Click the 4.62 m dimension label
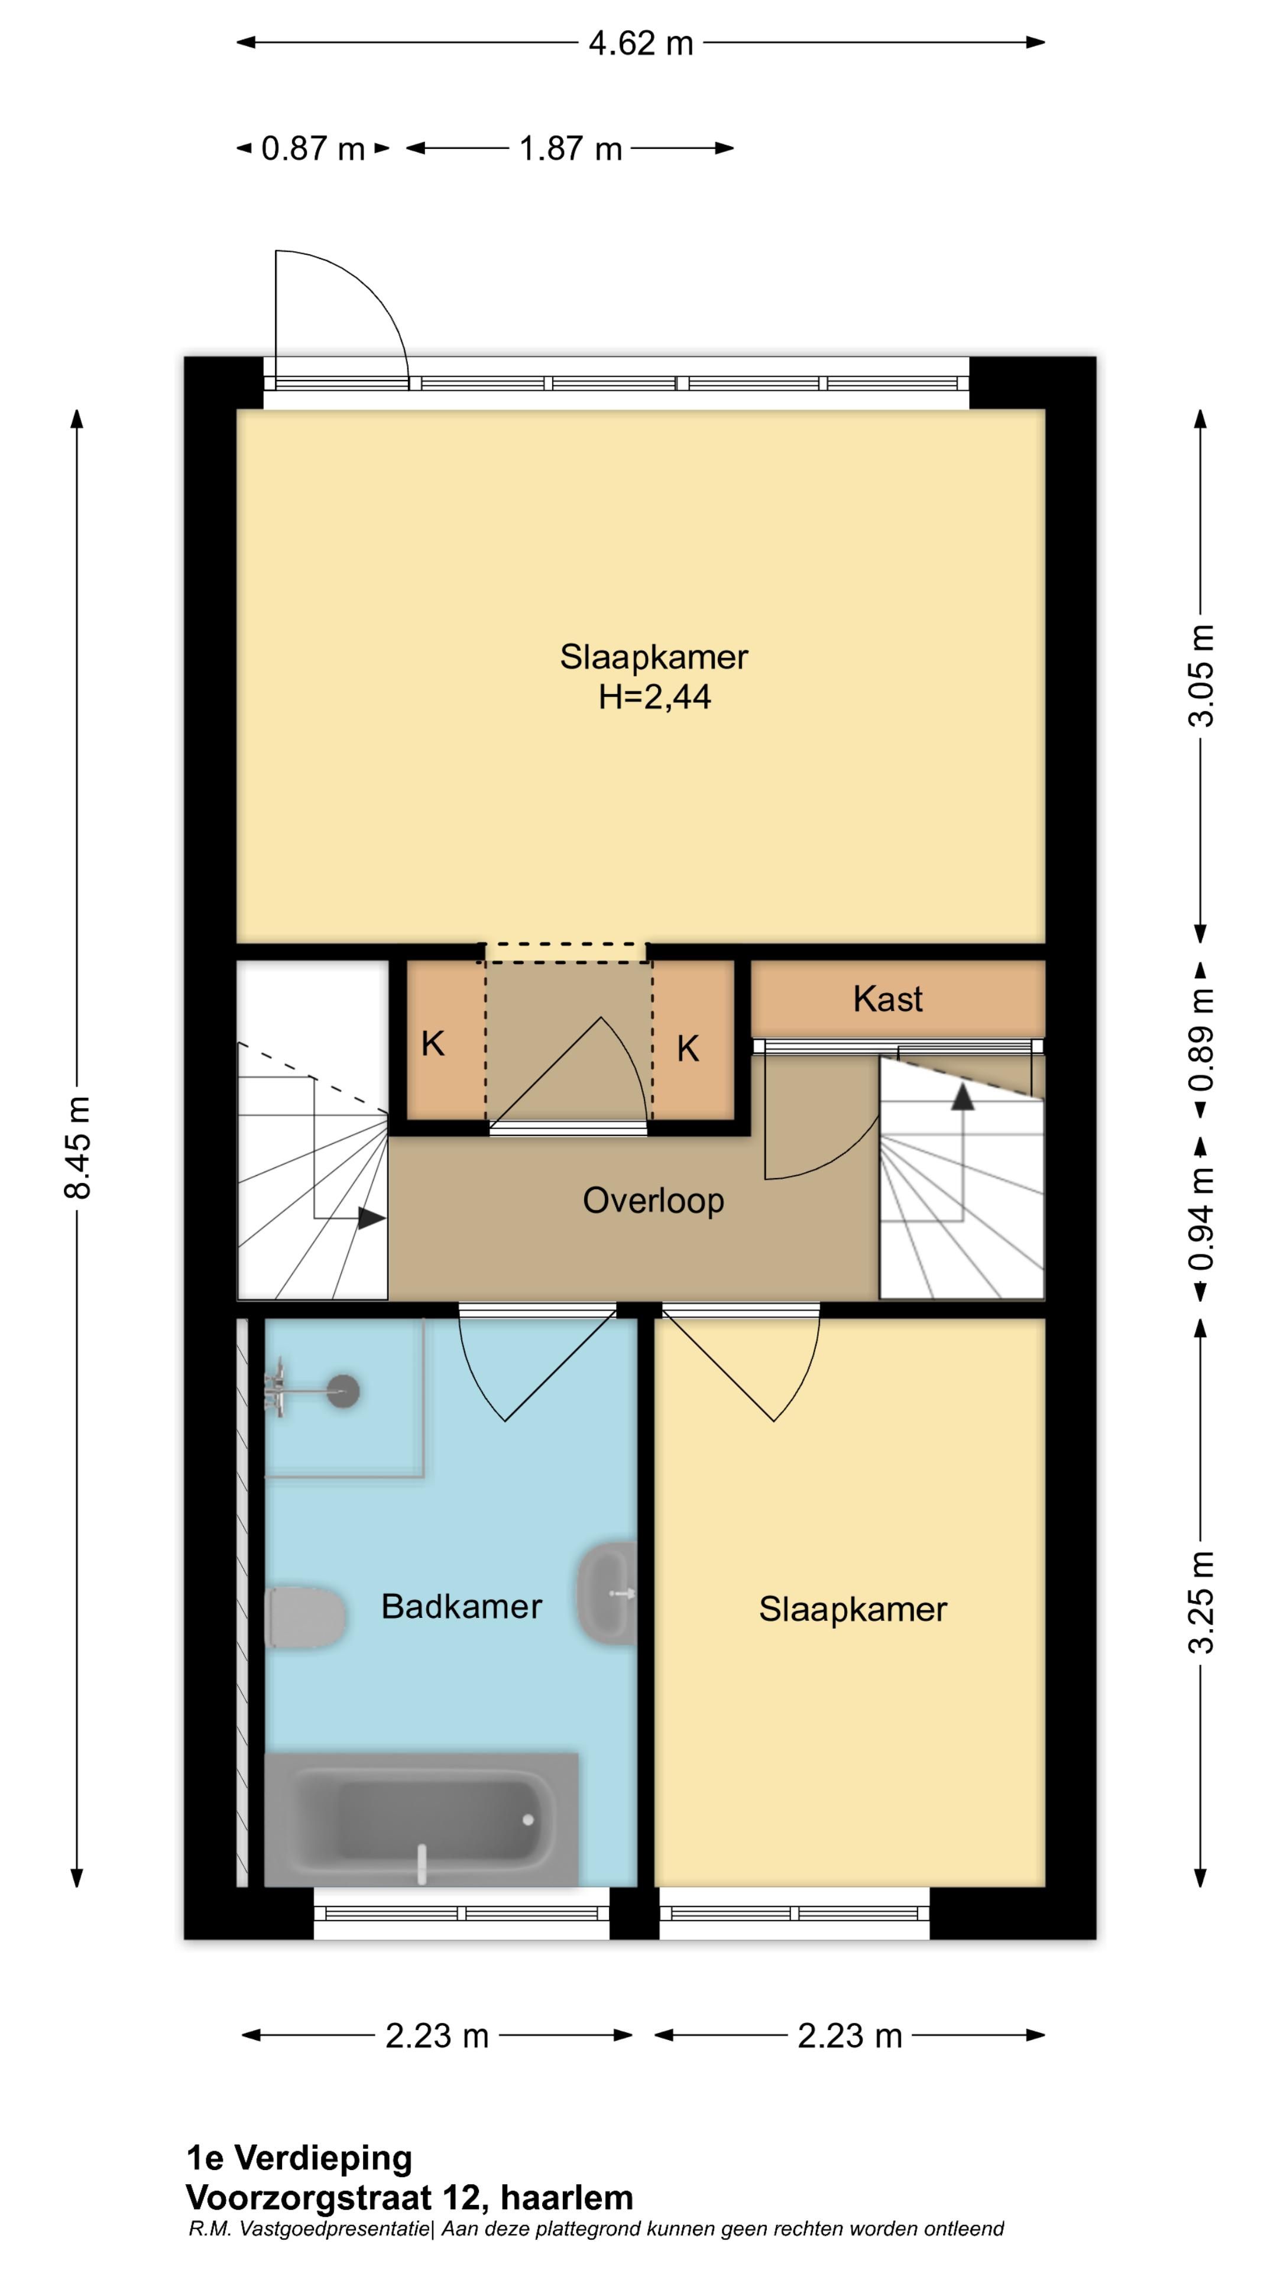(641, 43)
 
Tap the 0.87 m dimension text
(313, 149)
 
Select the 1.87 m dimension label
(570, 149)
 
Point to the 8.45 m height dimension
(77, 1147)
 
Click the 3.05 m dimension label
(1202, 675)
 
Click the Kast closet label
(887, 999)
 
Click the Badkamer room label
(461, 1607)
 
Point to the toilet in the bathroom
(304, 1617)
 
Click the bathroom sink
(607, 1593)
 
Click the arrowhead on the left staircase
(371, 1219)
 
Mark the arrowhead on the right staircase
(962, 1096)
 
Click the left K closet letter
(433, 1044)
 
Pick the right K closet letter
(688, 1049)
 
